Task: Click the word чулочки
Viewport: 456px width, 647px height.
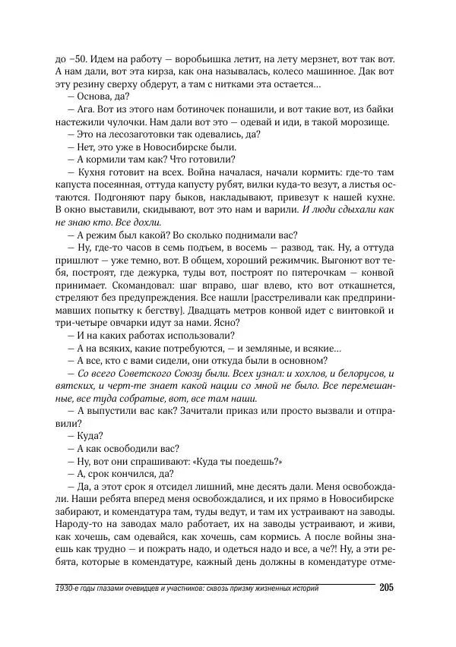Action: [142, 124]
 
